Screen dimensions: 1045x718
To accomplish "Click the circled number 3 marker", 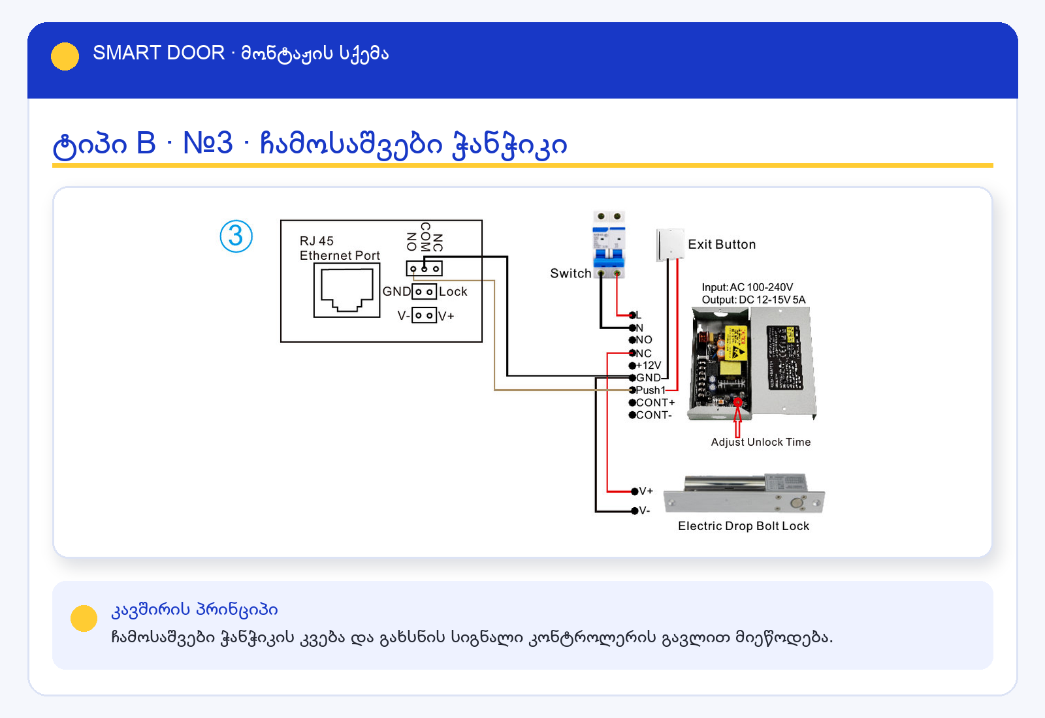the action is point(236,236).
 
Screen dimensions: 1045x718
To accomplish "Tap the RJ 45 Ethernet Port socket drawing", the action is point(347,290).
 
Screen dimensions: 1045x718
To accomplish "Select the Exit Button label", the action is point(722,244).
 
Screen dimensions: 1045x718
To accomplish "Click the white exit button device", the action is point(670,245).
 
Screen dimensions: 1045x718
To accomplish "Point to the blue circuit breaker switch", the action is point(609,244).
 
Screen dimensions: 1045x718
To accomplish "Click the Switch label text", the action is point(571,273).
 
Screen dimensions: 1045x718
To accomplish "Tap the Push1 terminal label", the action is point(651,390).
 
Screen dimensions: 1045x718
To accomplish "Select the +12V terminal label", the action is point(649,365).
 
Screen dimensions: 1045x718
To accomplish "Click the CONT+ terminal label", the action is point(656,402).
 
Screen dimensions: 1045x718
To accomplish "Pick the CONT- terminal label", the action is point(654,415).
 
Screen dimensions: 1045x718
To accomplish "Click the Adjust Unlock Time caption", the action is point(760,442).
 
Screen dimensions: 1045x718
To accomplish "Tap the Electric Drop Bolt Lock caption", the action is point(744,526).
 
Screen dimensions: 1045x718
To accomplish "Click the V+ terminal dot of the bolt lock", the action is point(634,491).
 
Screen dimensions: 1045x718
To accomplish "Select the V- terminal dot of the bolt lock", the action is point(634,510).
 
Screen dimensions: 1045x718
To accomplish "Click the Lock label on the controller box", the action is point(453,291).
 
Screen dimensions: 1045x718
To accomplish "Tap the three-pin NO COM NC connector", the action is point(424,268).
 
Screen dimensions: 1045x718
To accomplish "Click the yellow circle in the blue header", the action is point(65,56).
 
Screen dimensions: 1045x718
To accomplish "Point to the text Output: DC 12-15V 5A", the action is point(754,300).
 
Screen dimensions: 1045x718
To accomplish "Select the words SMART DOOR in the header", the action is point(159,53).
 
